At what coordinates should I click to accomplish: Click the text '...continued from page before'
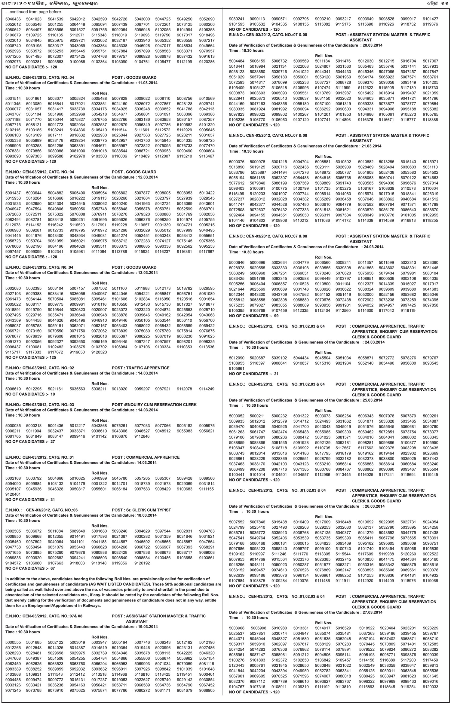point(33,12)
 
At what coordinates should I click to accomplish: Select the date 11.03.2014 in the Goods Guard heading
point(146,83)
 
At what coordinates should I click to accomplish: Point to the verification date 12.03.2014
point(146,177)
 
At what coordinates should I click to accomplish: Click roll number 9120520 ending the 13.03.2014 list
point(99,352)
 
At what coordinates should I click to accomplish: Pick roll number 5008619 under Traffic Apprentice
point(13,389)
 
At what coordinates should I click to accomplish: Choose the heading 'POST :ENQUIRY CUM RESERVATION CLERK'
point(154,405)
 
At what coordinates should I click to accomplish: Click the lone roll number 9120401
point(13,494)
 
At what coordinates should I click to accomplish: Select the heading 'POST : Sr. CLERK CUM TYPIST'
point(141,510)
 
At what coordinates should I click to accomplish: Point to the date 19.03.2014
point(146,627)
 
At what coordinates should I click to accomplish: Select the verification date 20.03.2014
point(372,45)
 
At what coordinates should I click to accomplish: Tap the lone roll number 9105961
point(237,368)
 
